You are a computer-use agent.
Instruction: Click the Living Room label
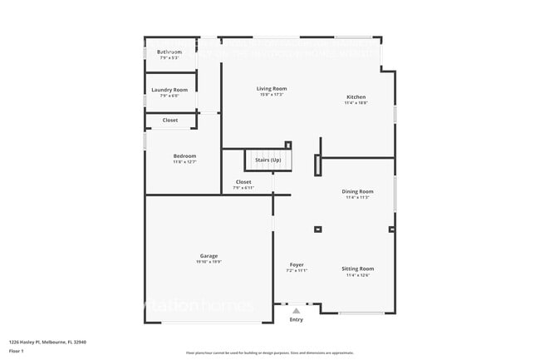coord(272,88)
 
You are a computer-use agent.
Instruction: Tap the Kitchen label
coord(355,97)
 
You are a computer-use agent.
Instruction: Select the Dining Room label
coord(357,191)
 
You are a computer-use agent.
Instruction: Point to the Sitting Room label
coord(357,269)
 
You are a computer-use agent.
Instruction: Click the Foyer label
coord(297,264)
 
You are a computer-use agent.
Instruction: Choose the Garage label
coord(209,255)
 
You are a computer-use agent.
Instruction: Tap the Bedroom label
coord(184,155)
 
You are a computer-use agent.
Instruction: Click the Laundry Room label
coord(169,90)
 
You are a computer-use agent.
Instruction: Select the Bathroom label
coord(169,52)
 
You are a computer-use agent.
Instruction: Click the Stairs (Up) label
coord(268,159)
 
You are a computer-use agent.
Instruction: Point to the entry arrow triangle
coord(296,311)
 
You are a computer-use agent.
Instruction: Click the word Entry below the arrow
coord(296,319)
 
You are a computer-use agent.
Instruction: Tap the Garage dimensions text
coord(209,262)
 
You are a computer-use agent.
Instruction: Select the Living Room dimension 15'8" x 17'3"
coord(272,94)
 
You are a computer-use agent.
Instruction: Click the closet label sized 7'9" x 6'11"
coord(243,182)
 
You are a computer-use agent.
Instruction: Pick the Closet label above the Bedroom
coord(169,120)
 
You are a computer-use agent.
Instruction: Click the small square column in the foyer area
coord(317,229)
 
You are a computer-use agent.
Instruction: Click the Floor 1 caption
coord(16,351)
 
